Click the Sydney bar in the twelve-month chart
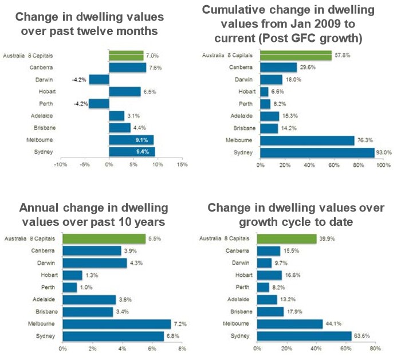pos(132,152)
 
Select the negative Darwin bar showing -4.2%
pos(99,80)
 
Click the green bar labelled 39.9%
pos(286,238)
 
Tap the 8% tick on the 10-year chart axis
pos(182,349)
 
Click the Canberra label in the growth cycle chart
pos(238,251)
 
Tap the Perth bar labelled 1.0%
pos(70,287)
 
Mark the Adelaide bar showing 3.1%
pos(116,116)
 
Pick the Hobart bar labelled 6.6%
pos(264,92)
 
